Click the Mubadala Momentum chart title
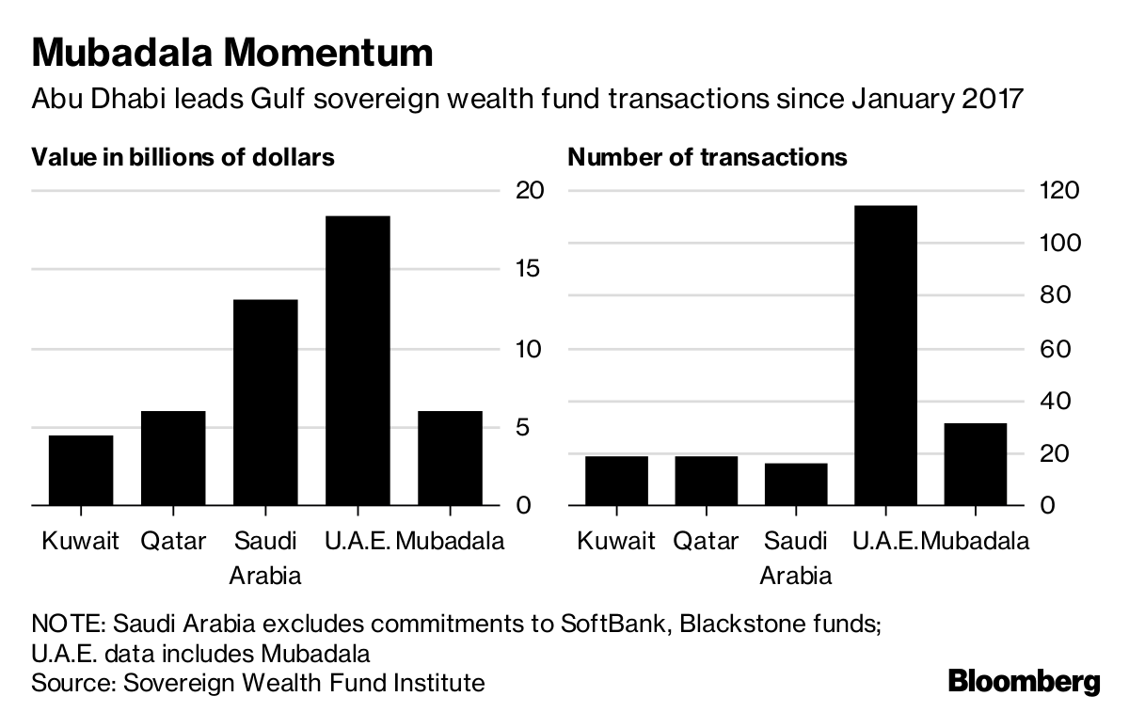point(232,53)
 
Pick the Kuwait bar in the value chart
point(81,470)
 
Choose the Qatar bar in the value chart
point(173,458)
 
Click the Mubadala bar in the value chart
point(450,458)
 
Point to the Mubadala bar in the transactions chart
point(975,465)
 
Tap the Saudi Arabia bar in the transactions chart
point(796,484)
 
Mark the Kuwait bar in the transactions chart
point(616,481)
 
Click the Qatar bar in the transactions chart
point(707,481)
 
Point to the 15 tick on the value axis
point(529,270)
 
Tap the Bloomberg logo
point(1024,680)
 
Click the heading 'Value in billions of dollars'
point(183,157)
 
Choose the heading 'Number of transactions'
point(708,157)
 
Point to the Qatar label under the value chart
point(173,542)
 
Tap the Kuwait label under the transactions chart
point(616,542)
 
